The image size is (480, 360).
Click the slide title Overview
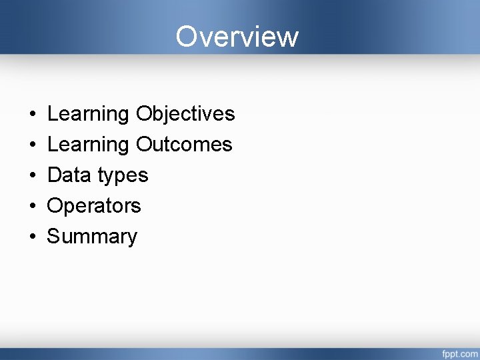237,36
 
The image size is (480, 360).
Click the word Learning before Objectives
89,115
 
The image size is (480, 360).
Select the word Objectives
185,115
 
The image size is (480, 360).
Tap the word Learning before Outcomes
89,145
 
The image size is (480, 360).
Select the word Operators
94,206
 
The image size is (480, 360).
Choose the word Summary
92,237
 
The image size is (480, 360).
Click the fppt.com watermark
458,352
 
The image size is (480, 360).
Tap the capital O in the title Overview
187,36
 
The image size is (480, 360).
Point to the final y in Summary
131,239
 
